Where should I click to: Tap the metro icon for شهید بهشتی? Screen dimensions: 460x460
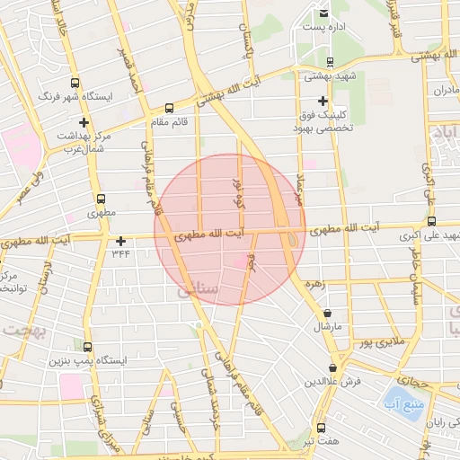click(x=332, y=63)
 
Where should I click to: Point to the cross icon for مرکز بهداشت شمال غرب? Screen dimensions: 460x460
click(x=84, y=122)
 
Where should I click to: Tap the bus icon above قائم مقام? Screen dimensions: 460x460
click(x=170, y=106)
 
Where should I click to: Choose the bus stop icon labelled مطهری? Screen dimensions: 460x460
click(x=100, y=200)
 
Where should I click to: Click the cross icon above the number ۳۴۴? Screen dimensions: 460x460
click(x=120, y=241)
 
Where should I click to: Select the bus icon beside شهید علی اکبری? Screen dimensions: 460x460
click(x=432, y=221)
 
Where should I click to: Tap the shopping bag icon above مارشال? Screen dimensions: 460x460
click(x=326, y=314)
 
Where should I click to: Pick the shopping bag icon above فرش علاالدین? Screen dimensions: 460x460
click(x=332, y=367)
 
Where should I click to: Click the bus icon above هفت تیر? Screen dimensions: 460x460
click(x=321, y=428)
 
